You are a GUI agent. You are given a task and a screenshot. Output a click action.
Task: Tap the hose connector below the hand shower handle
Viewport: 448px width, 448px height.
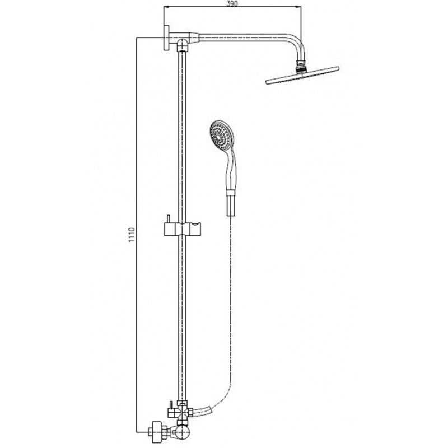pos(230,203)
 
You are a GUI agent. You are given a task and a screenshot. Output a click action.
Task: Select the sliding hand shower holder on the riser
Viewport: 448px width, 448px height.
pos(184,229)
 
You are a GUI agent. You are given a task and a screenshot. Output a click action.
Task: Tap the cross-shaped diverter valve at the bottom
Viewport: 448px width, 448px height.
pos(181,409)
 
